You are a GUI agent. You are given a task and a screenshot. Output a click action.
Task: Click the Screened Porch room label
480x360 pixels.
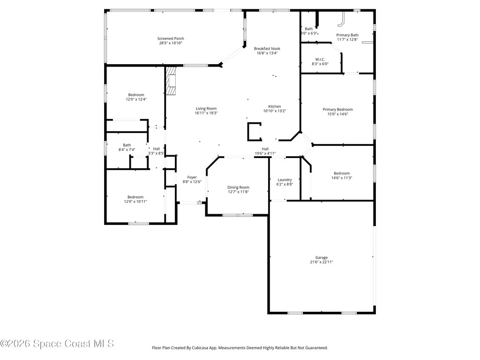click(171, 38)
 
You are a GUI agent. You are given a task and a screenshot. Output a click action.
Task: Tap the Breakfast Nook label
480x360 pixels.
click(267, 48)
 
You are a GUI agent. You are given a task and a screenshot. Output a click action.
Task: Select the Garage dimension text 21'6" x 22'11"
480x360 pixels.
click(321, 262)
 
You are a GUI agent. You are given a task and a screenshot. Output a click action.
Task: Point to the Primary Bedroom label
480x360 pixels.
click(337, 109)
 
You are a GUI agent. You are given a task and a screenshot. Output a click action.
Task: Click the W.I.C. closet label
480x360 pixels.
click(320, 59)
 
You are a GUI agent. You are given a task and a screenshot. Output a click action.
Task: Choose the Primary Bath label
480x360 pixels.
click(347, 35)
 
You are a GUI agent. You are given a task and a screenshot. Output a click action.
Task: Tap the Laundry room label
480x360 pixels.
click(285, 180)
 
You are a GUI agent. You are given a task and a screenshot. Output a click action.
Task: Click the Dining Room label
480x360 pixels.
click(238, 187)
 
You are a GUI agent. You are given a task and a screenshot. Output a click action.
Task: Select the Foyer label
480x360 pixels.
click(192, 177)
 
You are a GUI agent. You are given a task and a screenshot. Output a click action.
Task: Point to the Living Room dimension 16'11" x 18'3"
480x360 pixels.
click(206, 113)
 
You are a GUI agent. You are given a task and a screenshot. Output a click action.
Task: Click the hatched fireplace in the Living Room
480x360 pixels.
click(171, 81)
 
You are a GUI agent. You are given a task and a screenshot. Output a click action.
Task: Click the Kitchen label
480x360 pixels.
click(274, 106)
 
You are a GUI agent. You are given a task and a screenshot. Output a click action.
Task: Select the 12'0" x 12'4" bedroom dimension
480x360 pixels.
click(136, 99)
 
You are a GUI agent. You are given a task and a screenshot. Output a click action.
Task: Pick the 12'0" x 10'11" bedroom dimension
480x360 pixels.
click(135, 202)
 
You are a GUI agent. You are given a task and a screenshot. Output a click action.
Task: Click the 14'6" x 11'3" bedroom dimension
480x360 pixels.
click(341, 178)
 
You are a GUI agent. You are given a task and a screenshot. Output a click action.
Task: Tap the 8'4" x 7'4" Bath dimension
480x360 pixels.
click(127, 150)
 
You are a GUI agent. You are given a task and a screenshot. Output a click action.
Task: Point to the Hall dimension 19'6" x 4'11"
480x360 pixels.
click(265, 153)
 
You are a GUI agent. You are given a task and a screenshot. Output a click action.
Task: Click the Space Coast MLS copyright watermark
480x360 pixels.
click(57, 344)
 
